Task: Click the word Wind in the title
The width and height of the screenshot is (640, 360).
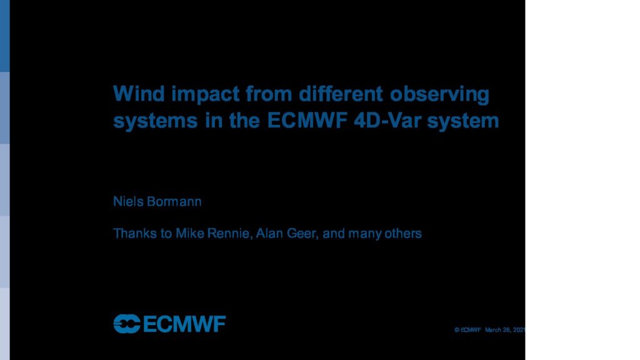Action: [x=139, y=94]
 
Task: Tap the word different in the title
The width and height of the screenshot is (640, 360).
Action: [x=341, y=94]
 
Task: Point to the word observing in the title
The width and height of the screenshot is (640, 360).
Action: [x=439, y=95]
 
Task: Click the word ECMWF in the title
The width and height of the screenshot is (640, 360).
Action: [x=307, y=121]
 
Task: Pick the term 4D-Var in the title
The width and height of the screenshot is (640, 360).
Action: [x=387, y=121]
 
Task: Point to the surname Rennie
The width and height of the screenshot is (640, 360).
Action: [x=229, y=234]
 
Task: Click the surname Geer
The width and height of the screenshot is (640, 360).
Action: [x=302, y=234]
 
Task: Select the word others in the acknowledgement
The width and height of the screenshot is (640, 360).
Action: [x=403, y=233]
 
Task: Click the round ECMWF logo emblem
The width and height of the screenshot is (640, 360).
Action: [x=127, y=324]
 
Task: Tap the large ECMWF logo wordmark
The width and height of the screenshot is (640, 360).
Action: [x=184, y=324]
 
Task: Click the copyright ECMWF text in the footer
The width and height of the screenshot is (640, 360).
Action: [x=467, y=330]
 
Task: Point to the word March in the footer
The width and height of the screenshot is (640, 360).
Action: [x=492, y=330]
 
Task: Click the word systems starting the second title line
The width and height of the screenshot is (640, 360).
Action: [x=156, y=122]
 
